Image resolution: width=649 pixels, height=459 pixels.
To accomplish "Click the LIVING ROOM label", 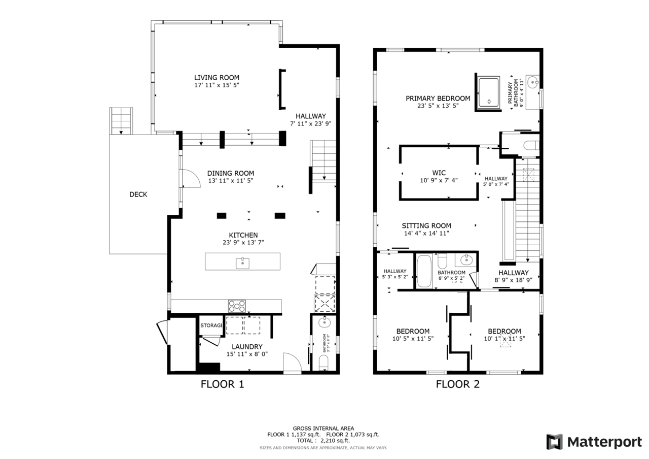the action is pyautogui.click(x=217, y=78).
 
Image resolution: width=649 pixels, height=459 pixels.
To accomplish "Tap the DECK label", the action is pyautogui.click(x=138, y=194).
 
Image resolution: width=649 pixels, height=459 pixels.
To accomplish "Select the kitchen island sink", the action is pyautogui.click(x=242, y=263).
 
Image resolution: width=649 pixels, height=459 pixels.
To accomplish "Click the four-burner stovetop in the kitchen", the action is pyautogui.click(x=237, y=306).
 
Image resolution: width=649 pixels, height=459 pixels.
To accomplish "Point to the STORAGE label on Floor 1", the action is pyautogui.click(x=211, y=325).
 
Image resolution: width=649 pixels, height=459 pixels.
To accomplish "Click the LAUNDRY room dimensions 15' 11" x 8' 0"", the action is pyautogui.click(x=247, y=354).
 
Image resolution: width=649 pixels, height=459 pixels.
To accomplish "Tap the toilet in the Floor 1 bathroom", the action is pyautogui.click(x=323, y=363).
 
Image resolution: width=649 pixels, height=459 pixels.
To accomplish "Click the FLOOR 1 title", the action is pyautogui.click(x=223, y=384).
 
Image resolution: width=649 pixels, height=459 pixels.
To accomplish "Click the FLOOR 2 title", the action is pyautogui.click(x=458, y=384).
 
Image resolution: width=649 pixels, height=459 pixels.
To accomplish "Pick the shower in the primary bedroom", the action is pyautogui.click(x=489, y=92).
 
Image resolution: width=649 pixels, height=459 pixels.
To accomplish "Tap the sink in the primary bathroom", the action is pyautogui.click(x=533, y=82).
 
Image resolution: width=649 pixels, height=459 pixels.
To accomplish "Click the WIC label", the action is pyautogui.click(x=439, y=173).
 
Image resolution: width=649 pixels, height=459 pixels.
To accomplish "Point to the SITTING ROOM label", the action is pyautogui.click(x=426, y=226).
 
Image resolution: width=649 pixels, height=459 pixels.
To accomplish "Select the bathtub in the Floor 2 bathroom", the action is pyautogui.click(x=424, y=271).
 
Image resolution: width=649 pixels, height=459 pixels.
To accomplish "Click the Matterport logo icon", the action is pyautogui.click(x=554, y=442).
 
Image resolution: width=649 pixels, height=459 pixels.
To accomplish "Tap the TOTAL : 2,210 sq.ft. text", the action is pyautogui.click(x=323, y=440).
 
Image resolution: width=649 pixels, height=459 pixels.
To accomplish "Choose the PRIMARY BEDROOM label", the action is pyautogui.click(x=438, y=99).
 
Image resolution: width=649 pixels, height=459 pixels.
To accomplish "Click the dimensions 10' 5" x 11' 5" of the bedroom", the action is pyautogui.click(x=413, y=338).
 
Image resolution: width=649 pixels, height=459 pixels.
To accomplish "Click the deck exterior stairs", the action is pyautogui.click(x=121, y=121).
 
